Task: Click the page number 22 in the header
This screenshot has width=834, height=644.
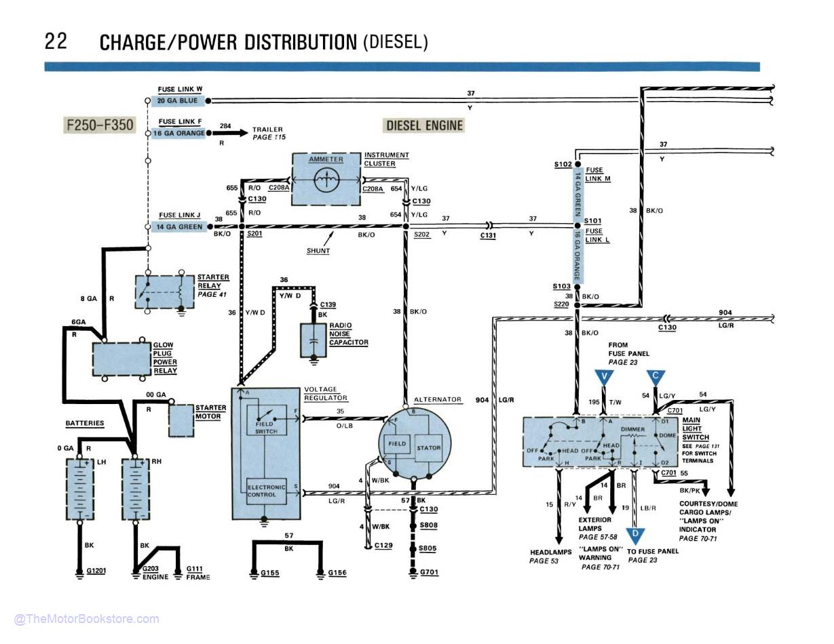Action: point(56,41)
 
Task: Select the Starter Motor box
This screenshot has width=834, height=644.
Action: point(181,421)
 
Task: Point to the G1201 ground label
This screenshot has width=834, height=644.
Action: point(96,571)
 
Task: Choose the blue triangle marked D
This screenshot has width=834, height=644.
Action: point(635,536)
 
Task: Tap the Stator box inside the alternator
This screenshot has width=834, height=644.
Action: point(428,447)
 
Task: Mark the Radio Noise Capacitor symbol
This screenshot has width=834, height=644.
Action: point(314,340)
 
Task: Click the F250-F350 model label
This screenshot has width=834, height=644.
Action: point(99,125)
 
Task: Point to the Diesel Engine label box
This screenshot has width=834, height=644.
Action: point(424,125)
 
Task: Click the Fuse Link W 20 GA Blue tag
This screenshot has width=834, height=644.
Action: point(178,101)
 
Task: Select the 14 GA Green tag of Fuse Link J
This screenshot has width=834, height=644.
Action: point(180,227)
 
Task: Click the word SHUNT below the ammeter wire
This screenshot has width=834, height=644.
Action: point(318,251)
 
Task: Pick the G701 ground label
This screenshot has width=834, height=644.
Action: point(429,572)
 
